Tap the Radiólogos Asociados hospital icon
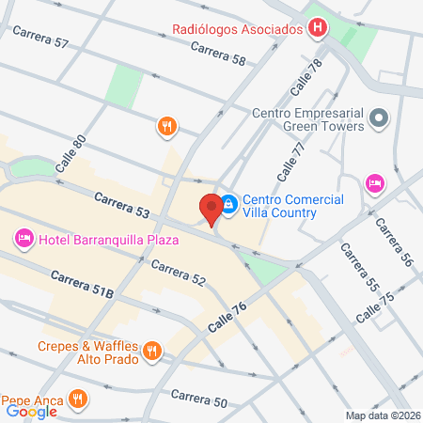318,28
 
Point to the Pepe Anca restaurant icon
78,399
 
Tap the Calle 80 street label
70,152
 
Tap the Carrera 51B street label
82,286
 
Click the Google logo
32,410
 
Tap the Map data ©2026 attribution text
382,415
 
